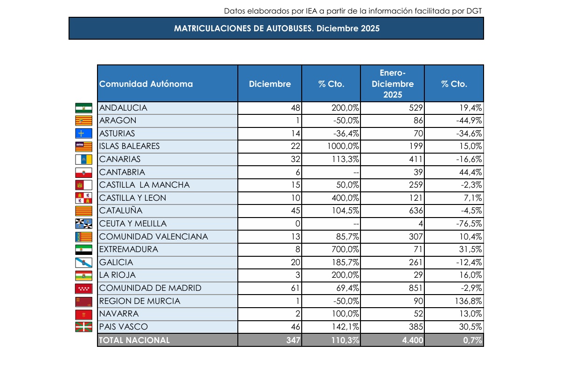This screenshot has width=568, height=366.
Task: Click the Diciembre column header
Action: [x=270, y=84]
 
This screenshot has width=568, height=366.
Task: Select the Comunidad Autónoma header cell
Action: [x=146, y=84]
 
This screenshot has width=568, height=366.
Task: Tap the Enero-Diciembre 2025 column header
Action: [x=392, y=84]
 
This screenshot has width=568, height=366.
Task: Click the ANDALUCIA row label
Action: [x=123, y=108]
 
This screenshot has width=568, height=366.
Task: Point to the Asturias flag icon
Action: [x=84, y=134]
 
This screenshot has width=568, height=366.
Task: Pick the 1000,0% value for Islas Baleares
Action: [x=342, y=146]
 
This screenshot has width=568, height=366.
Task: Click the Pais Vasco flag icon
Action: [x=84, y=327]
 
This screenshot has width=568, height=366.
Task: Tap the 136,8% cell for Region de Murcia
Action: [x=467, y=301]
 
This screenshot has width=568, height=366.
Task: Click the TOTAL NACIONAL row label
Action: [x=135, y=340]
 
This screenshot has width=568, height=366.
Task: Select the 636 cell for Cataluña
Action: [x=414, y=211]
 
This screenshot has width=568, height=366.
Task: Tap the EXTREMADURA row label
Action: [x=129, y=249]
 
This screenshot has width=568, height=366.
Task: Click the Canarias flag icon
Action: [x=84, y=159]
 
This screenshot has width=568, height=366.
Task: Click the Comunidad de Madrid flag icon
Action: [x=84, y=288]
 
